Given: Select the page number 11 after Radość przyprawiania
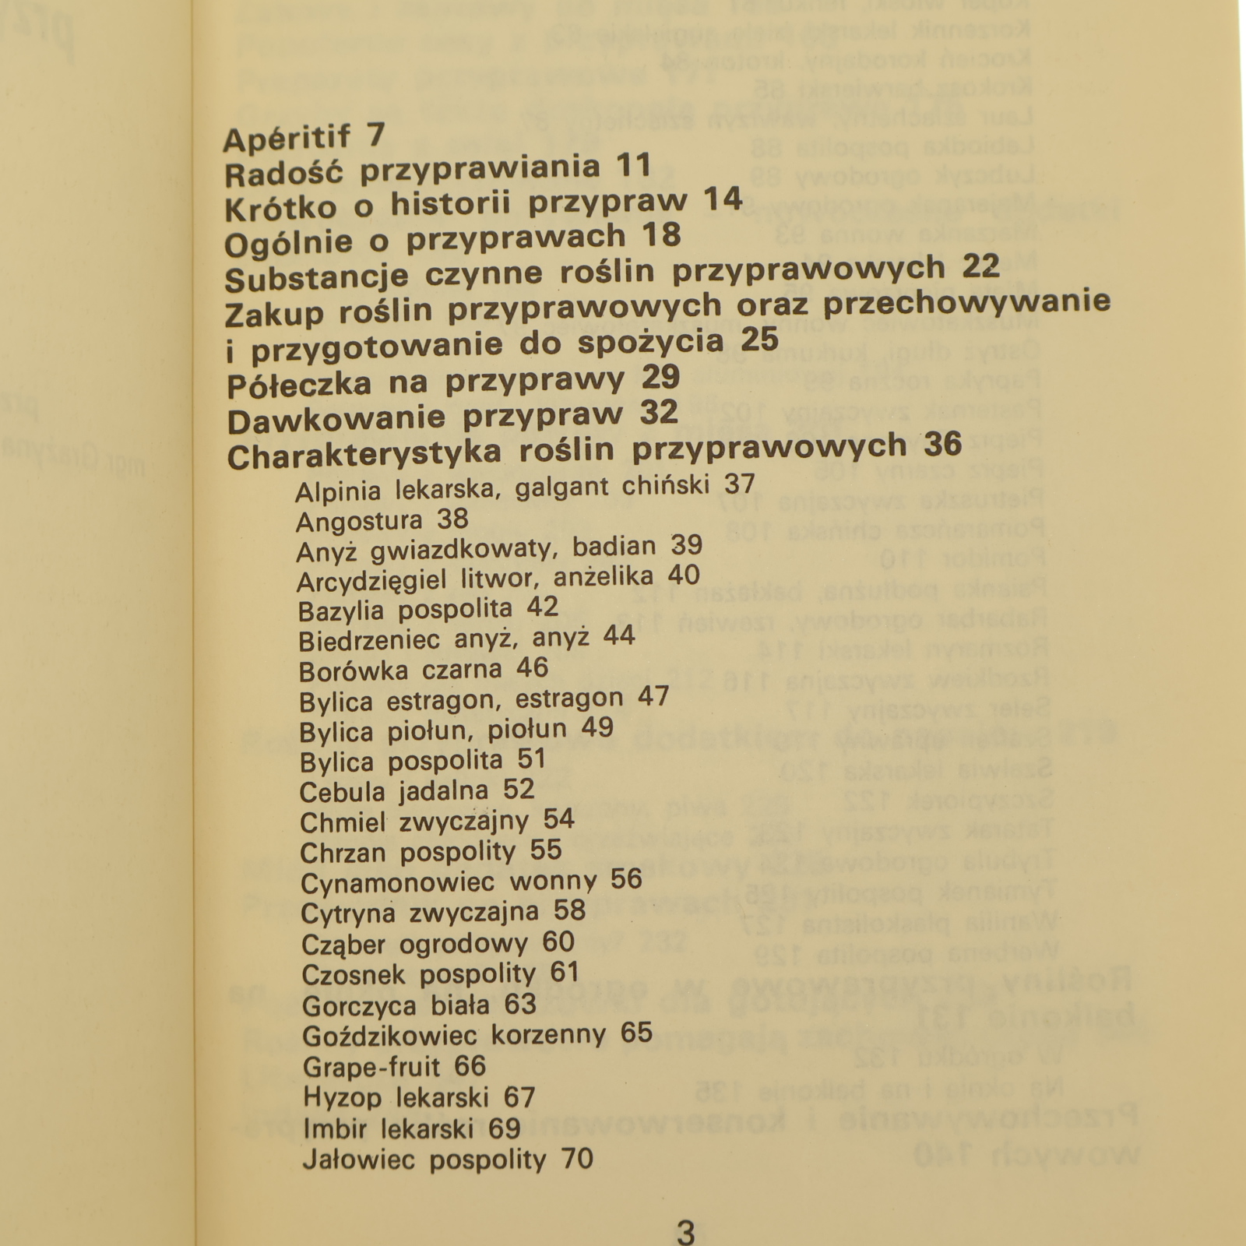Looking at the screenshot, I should [633, 166].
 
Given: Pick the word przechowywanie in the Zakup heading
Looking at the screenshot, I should [966, 302].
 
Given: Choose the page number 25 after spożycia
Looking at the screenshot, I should [760, 340].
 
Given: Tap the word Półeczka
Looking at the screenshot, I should [298, 385].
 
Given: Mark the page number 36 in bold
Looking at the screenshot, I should [943, 444].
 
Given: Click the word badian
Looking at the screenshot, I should [614, 547].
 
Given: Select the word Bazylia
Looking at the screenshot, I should [340, 611].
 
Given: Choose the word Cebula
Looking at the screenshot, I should [342, 793].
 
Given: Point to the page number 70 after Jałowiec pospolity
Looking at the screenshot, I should [577, 1159].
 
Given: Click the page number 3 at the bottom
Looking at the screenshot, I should [685, 1234].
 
